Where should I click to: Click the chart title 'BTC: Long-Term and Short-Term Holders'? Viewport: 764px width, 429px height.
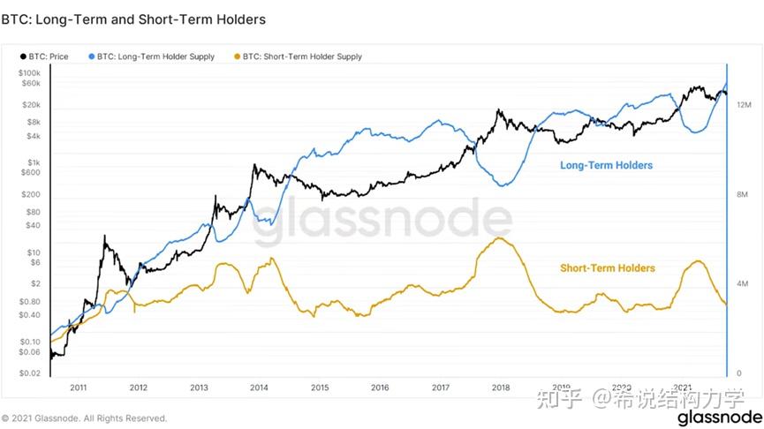(133, 19)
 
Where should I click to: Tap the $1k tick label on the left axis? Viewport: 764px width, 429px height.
(34, 162)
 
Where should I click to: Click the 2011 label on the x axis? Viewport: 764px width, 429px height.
(78, 387)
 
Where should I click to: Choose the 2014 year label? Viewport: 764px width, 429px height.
(259, 387)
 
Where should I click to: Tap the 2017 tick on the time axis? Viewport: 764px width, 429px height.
(440, 387)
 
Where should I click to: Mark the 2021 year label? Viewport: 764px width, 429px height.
(682, 387)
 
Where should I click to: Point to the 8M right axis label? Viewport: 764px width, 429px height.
(742, 194)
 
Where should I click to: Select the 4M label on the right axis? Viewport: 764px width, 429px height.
(742, 283)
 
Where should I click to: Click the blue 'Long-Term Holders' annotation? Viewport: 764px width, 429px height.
(606, 166)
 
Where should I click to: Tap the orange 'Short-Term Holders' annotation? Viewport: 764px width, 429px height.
(608, 267)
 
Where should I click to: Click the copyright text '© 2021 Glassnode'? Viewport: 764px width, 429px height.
(84, 418)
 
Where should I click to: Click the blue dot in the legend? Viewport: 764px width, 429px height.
(94, 56)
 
